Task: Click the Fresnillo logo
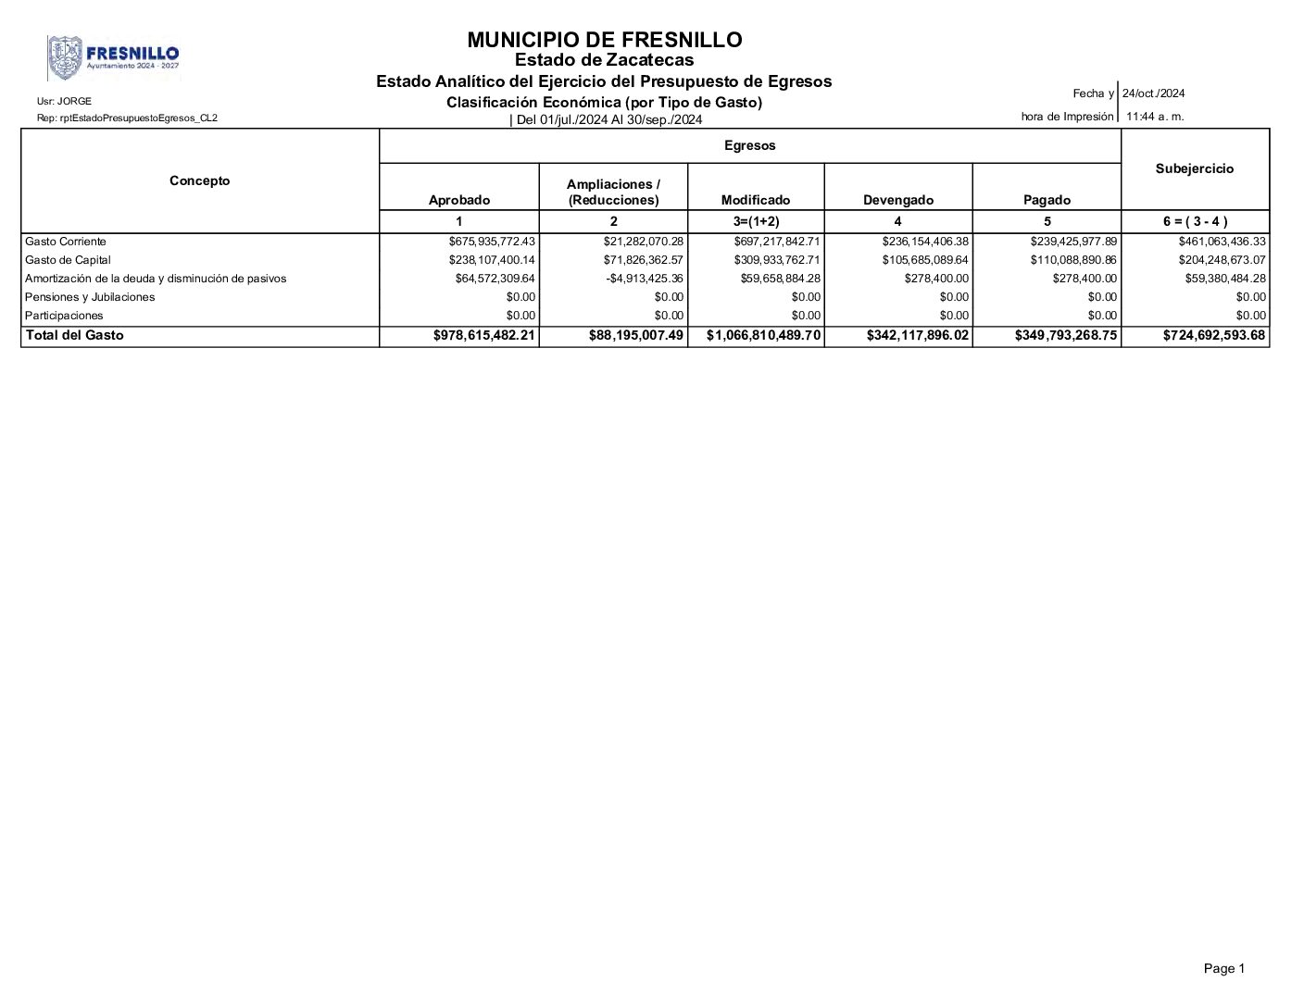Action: click(113, 58)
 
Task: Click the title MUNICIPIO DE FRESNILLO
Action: click(604, 40)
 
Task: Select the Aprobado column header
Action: click(458, 200)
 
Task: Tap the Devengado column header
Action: click(897, 200)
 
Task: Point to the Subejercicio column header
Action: click(1194, 168)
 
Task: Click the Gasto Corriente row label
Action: click(66, 242)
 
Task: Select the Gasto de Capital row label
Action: click(68, 260)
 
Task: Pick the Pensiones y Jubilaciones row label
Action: click(90, 297)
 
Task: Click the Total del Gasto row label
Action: click(74, 335)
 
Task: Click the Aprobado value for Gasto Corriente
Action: click(491, 242)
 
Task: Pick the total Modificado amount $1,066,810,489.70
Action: click(763, 336)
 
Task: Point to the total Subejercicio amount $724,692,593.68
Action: click(1213, 336)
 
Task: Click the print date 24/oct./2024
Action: click(1153, 93)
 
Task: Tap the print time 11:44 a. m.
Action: click(1154, 117)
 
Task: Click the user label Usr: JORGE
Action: click(64, 101)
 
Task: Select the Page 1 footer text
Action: click(1223, 968)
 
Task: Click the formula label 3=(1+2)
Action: click(756, 221)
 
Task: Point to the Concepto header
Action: click(199, 180)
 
